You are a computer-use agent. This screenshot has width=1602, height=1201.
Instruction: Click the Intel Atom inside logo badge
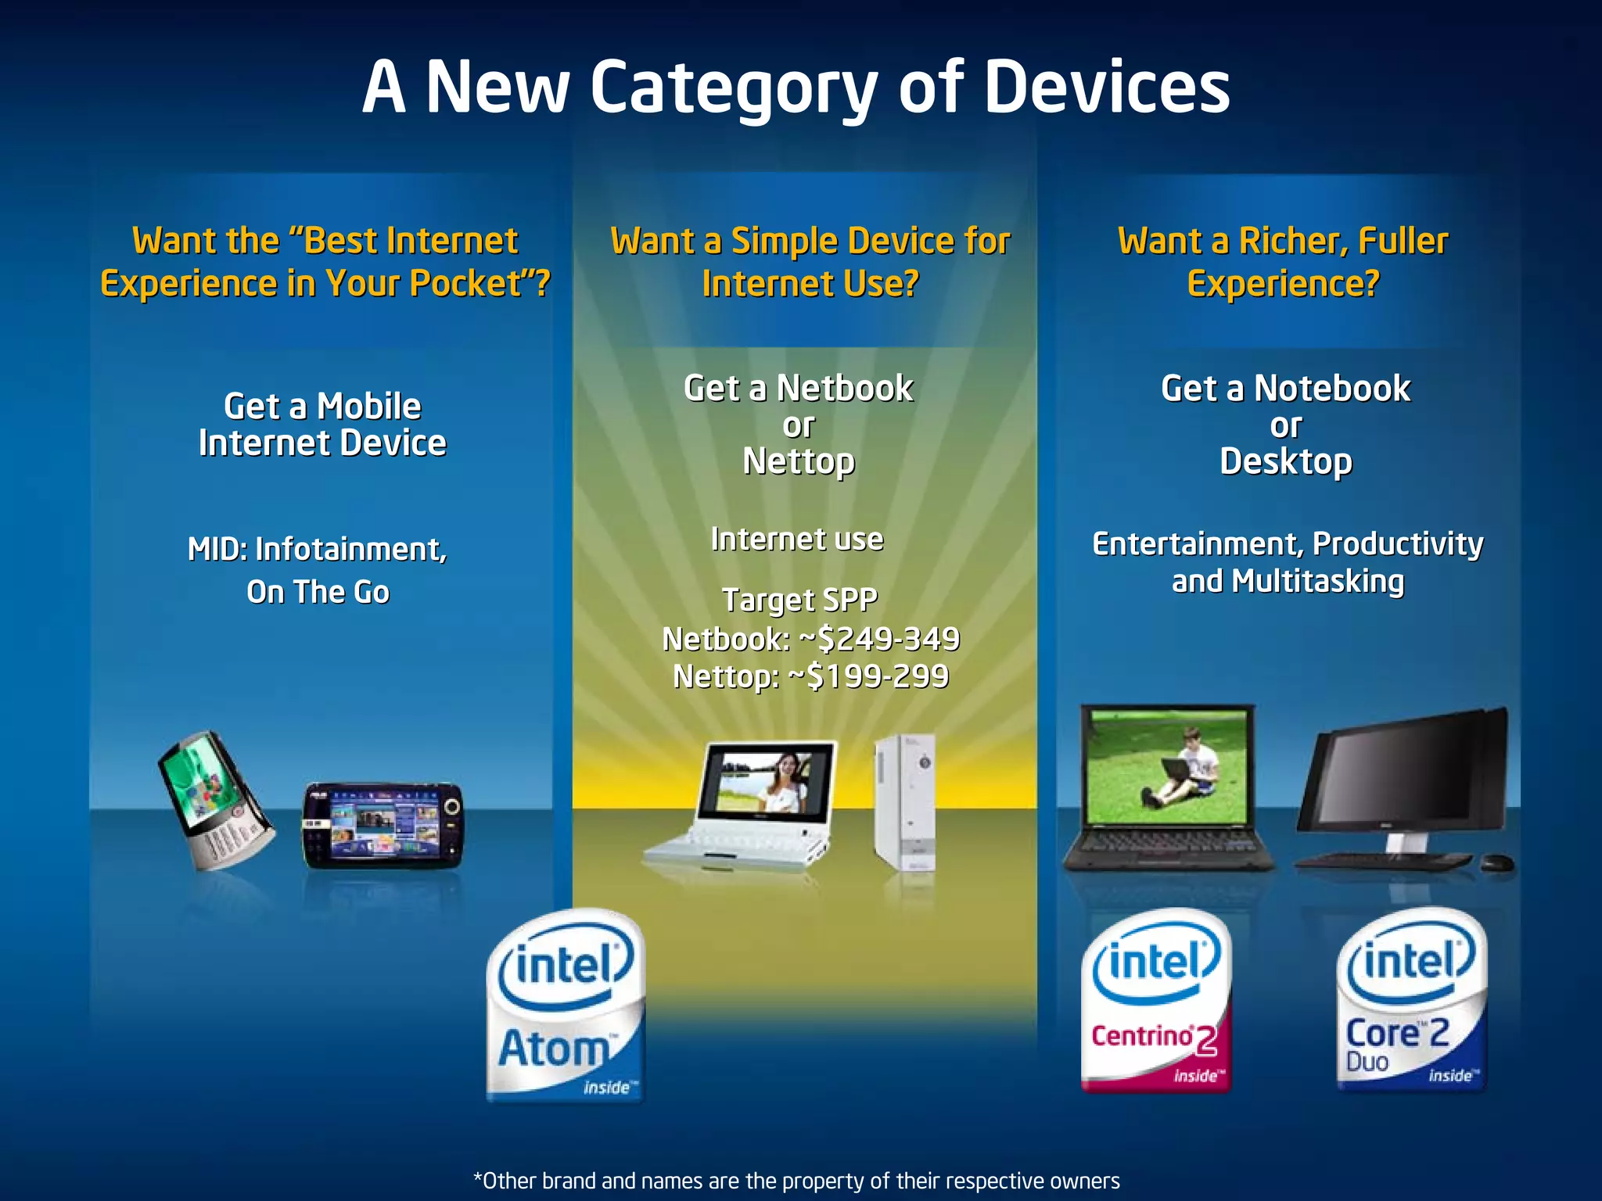pyautogui.click(x=565, y=1005)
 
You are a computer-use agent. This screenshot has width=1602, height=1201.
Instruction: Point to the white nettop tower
pyautogui.click(x=906, y=801)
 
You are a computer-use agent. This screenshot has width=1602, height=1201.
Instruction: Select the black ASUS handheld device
pyautogui.click(x=383, y=825)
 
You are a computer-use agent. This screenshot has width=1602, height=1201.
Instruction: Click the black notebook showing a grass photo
pyautogui.click(x=1167, y=786)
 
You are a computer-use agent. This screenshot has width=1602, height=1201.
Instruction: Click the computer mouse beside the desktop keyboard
pyautogui.click(x=1497, y=863)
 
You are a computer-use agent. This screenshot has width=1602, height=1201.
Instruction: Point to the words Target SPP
pyautogui.click(x=799, y=600)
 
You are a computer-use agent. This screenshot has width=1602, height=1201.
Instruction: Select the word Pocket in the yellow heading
pyautogui.click(x=466, y=284)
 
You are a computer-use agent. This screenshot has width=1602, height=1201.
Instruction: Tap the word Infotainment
pyautogui.click(x=350, y=550)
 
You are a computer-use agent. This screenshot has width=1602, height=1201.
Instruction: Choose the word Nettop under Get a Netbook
pyautogui.click(x=799, y=462)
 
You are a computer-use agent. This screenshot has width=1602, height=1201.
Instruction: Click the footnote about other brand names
pyautogui.click(x=796, y=1181)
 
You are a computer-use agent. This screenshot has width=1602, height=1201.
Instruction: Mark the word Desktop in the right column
pyautogui.click(x=1285, y=462)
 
